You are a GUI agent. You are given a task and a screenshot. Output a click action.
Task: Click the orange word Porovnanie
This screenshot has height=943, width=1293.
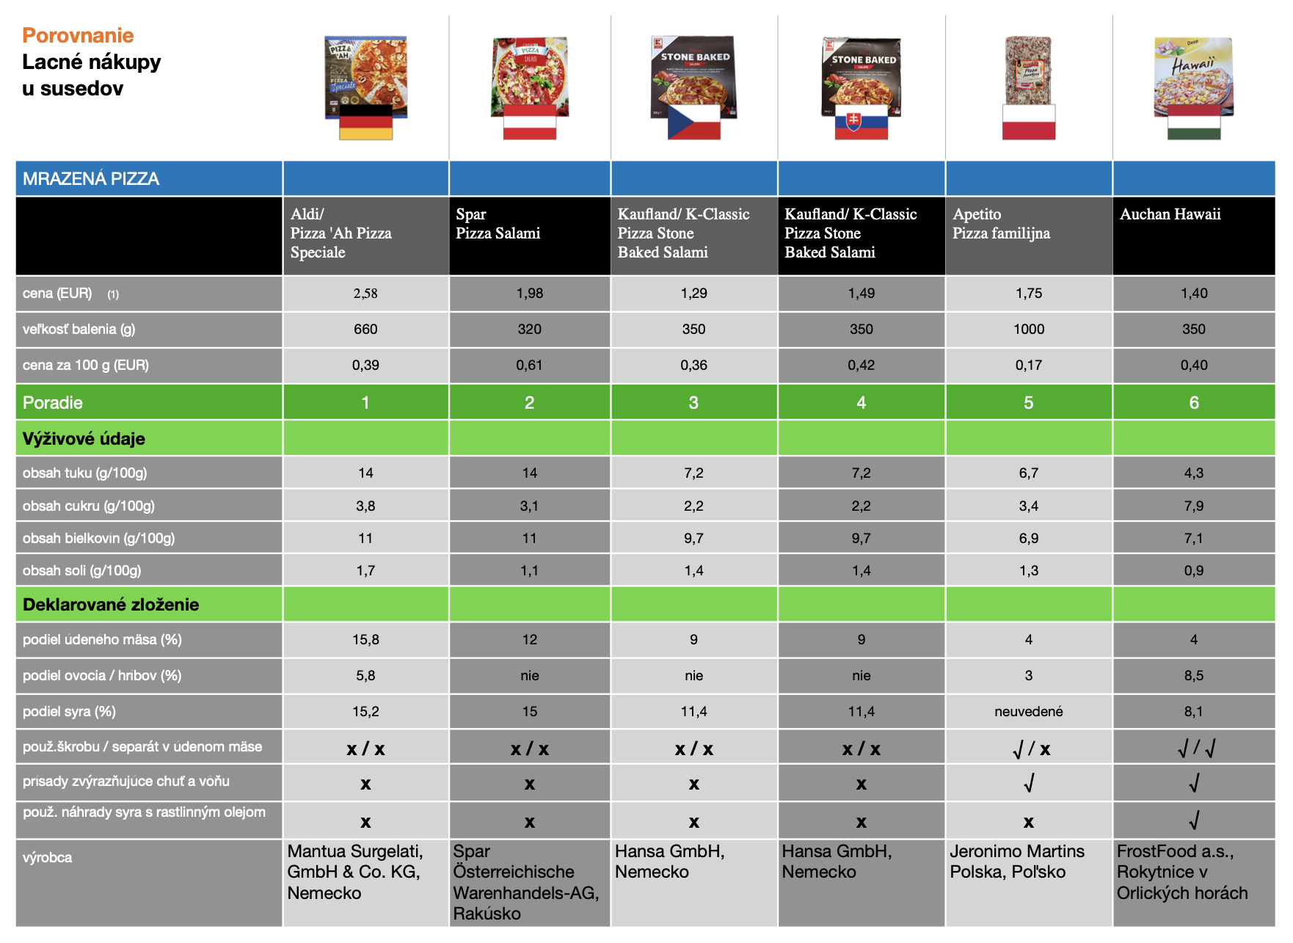point(78,35)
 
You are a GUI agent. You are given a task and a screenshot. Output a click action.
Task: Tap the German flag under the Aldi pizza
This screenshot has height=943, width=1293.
point(365,122)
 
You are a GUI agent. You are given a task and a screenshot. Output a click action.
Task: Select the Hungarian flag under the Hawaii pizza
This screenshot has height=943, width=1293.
point(1194,122)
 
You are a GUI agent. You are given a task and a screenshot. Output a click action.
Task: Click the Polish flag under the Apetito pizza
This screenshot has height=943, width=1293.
point(1029,122)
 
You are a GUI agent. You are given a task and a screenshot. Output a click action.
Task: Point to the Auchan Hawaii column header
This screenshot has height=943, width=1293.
point(1170,214)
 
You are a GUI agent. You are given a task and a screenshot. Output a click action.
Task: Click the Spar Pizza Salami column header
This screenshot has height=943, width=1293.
point(498,224)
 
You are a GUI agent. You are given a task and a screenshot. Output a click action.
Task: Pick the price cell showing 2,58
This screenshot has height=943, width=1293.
point(365,294)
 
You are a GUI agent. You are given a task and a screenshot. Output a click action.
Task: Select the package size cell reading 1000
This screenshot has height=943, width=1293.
point(1029,329)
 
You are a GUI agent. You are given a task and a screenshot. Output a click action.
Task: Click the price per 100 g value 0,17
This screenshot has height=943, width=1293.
point(1029,365)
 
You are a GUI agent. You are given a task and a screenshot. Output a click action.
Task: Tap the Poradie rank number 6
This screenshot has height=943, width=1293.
point(1194,403)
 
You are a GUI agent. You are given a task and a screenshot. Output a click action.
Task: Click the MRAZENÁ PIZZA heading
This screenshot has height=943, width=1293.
point(91,179)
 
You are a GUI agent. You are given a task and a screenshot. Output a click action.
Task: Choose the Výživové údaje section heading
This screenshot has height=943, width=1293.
point(84,439)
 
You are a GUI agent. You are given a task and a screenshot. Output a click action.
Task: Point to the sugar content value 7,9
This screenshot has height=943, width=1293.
point(1194,506)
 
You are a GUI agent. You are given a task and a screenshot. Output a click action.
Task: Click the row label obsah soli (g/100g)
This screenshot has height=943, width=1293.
point(81,571)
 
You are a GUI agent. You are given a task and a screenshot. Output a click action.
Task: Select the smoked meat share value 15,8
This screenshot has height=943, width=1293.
point(365,640)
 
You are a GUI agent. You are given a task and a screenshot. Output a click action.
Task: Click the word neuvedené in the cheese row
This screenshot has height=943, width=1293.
point(1029,712)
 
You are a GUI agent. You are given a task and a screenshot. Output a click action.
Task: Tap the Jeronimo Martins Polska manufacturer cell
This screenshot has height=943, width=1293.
point(1017,862)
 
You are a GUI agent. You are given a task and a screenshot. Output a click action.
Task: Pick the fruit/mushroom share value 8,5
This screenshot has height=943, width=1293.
point(1194,676)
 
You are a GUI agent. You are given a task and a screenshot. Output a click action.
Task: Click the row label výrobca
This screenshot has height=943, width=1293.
point(47,858)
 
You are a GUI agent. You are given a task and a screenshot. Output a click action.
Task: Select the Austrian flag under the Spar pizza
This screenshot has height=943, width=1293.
point(530,122)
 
